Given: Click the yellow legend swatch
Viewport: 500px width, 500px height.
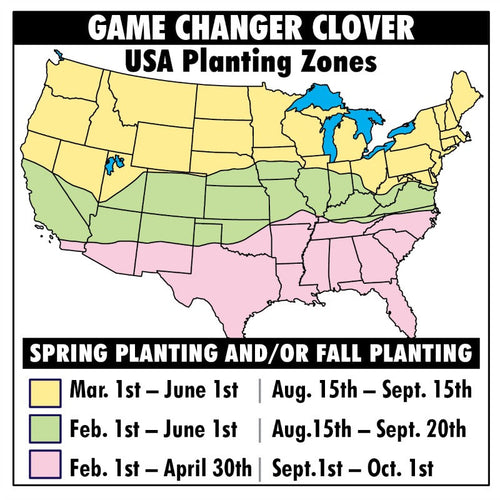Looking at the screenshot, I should point(47,390).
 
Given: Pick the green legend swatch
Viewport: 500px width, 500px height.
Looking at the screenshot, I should point(47,428).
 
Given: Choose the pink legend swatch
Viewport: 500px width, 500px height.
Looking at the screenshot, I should point(47,466).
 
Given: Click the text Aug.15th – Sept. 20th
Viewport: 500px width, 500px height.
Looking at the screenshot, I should point(367,428).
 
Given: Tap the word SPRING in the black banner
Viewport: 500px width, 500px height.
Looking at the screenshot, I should point(75,354).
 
